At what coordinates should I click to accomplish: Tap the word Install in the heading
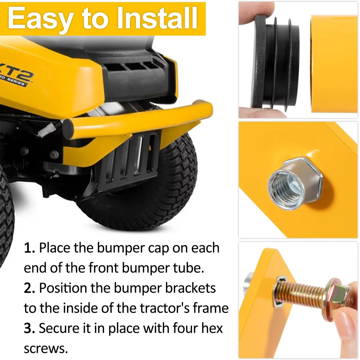click(157, 18)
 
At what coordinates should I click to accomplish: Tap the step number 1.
click(29, 248)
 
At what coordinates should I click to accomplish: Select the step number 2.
click(29, 288)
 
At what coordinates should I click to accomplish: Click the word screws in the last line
click(46, 349)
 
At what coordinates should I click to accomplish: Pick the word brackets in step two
click(191, 288)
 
